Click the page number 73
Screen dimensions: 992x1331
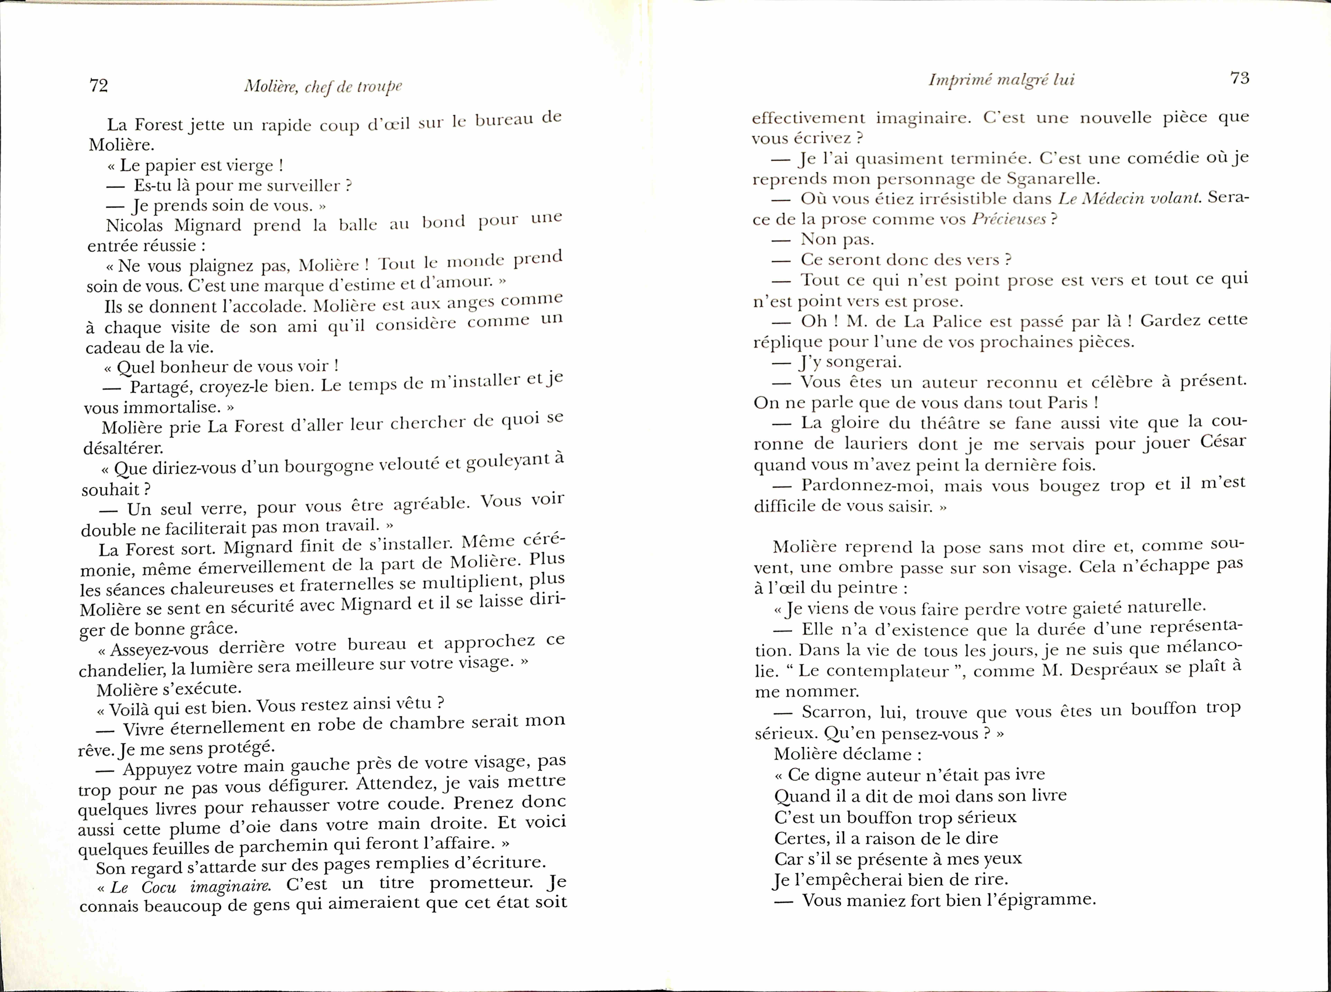click(1240, 78)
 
